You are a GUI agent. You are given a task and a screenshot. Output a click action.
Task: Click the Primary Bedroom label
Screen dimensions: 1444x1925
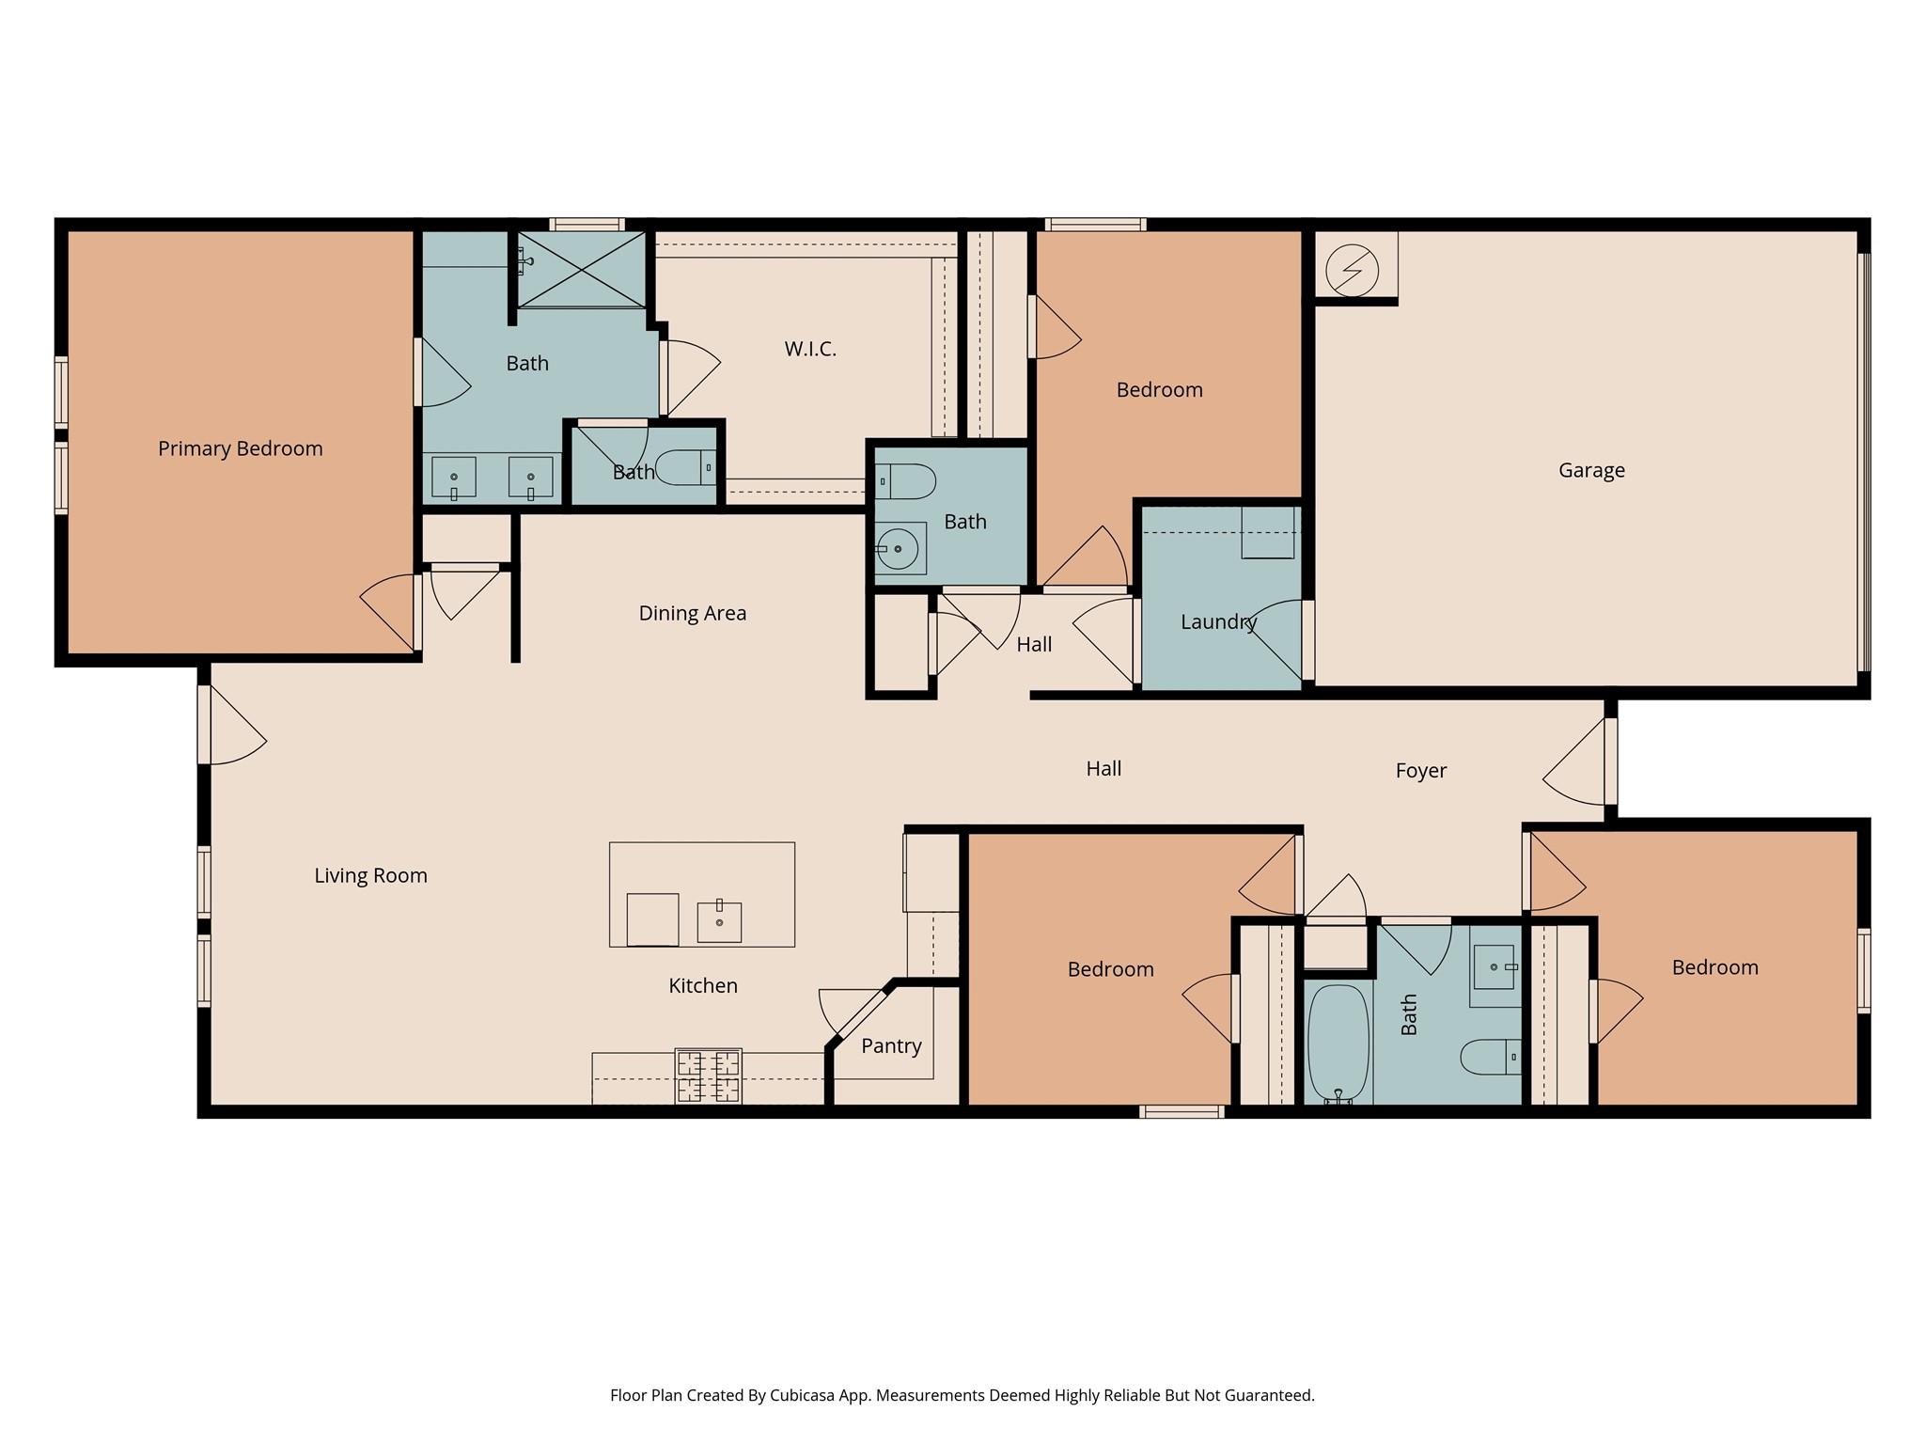240,448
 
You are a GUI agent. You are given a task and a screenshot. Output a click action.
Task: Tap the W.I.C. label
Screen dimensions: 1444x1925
809,349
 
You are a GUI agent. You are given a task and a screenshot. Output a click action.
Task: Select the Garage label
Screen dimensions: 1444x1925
1590,470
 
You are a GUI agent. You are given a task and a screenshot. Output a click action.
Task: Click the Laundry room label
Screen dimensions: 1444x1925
1218,621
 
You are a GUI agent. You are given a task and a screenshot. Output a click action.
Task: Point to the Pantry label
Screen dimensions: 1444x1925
890,1045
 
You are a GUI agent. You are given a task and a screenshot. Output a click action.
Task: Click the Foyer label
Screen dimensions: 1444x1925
1420,771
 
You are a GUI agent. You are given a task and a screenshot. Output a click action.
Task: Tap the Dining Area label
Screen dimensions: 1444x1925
692,613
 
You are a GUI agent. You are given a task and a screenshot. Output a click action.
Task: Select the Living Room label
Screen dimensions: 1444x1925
370,875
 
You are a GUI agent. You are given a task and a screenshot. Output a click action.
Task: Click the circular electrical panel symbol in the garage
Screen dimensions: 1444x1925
1351,271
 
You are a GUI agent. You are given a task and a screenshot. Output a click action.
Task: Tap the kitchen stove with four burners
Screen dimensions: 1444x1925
709,1075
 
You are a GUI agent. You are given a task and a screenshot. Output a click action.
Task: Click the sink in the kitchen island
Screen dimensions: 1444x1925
719,921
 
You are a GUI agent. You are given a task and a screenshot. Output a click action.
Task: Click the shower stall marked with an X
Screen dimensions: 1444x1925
582,269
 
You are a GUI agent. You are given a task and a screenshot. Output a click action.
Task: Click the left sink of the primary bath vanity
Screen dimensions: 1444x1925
453,477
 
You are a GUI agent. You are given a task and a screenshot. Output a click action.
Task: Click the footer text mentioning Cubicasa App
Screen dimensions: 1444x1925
962,1395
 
